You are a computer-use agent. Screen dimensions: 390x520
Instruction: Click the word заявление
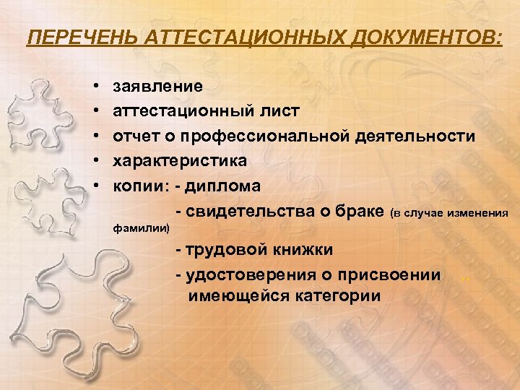point(158,87)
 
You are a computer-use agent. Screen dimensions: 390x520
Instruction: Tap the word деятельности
point(426,136)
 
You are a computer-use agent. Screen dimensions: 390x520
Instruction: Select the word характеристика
point(180,161)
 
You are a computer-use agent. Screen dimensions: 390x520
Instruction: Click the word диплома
point(223,186)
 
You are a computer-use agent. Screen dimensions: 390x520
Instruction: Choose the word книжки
point(303,250)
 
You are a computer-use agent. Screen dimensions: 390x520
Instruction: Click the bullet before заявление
point(97,87)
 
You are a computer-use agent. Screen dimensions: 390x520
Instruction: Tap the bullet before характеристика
point(97,161)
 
